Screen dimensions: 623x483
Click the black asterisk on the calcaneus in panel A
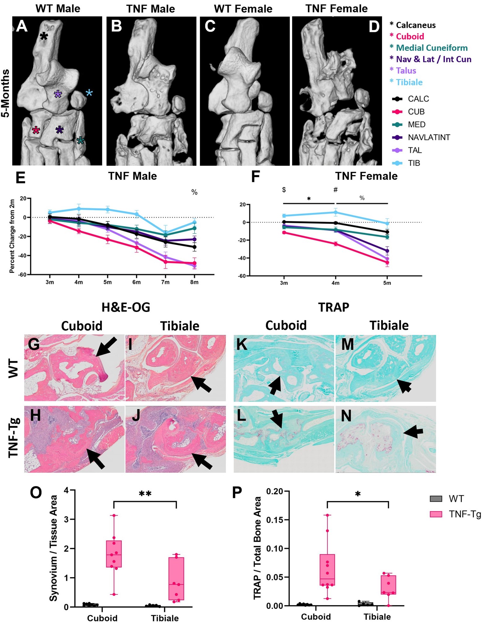[x=44, y=37]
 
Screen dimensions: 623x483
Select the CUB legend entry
[x=416, y=112]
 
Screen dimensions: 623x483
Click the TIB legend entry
[x=414, y=163]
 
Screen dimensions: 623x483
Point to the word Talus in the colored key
[x=406, y=71]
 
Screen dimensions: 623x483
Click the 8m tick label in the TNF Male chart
[x=194, y=282]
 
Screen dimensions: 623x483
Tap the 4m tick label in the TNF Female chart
[x=335, y=283]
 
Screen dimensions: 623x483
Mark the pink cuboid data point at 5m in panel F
[x=387, y=262]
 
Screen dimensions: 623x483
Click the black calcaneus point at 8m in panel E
[x=194, y=247]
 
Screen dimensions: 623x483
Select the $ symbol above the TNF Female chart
[x=284, y=190]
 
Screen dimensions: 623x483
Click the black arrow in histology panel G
[x=106, y=346]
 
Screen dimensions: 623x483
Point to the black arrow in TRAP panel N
[x=412, y=431]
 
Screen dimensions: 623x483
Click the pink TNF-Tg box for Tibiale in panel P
[x=389, y=585]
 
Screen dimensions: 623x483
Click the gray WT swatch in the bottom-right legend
[x=436, y=499]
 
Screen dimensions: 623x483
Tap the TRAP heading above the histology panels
[x=333, y=307]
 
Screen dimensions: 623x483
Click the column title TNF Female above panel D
[x=336, y=9]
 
